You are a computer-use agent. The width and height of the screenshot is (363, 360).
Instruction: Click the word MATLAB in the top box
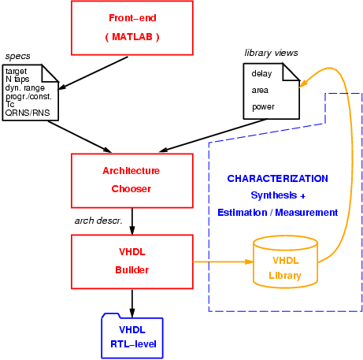(132, 37)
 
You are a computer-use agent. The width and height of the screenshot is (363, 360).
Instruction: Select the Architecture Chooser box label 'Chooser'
(131, 189)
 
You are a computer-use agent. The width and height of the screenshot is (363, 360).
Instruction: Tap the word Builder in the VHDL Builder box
(132, 270)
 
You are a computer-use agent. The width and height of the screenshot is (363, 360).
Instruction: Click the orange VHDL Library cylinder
(286, 262)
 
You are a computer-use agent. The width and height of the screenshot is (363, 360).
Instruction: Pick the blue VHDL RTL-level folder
(132, 336)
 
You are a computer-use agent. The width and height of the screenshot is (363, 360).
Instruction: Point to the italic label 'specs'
(17, 56)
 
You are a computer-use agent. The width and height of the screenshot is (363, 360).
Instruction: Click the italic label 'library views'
(271, 53)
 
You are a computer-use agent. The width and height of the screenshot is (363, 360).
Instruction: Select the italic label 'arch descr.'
(98, 221)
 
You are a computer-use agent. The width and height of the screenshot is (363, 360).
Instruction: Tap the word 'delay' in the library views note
(261, 73)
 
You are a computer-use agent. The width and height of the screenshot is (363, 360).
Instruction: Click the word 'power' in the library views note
(263, 107)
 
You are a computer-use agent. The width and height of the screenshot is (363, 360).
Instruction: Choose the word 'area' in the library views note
(260, 91)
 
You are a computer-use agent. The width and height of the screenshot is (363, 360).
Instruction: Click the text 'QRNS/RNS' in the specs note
(28, 113)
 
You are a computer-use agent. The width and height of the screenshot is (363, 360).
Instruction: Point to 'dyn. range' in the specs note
(25, 87)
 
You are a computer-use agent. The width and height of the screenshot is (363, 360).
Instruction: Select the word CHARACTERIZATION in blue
(278, 179)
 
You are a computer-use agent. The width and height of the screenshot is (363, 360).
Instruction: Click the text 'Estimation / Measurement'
(278, 212)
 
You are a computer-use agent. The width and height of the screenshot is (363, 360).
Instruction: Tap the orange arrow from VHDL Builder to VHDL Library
(224, 262)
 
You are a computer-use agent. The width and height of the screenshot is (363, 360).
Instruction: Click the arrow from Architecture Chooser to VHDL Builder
(132, 221)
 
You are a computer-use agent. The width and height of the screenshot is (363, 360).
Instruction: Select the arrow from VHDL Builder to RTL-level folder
(132, 303)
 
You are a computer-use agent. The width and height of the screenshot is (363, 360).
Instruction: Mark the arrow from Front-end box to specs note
(93, 73)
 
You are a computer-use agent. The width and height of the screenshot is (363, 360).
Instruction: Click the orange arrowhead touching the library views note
(303, 83)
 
